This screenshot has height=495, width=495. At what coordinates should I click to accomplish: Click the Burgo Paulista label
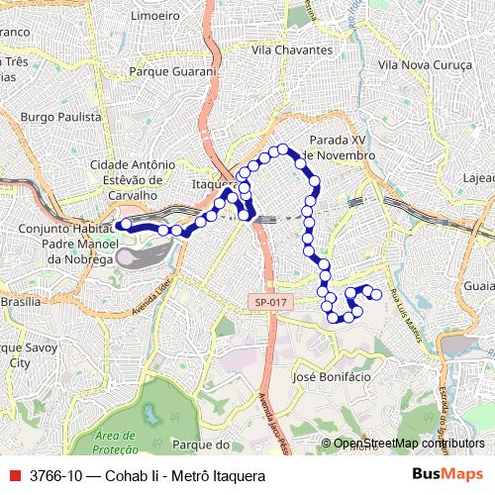click(61, 116)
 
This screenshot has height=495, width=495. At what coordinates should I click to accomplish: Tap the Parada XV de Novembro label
click(340, 148)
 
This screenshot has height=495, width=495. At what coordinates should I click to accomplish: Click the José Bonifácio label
click(333, 377)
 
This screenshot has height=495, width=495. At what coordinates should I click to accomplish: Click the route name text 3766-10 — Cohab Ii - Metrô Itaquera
click(148, 476)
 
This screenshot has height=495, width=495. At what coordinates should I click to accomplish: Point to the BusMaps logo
click(447, 474)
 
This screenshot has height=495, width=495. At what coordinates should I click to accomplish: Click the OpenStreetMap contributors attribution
click(408, 444)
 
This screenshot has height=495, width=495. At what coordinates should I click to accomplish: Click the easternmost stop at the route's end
click(376, 294)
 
